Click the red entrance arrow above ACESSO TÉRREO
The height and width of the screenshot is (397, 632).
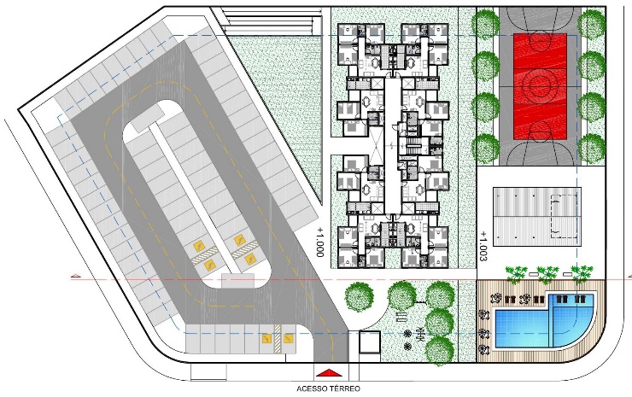[x=329, y=373]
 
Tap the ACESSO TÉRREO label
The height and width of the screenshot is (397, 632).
[x=328, y=389]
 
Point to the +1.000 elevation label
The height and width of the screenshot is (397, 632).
[x=320, y=242]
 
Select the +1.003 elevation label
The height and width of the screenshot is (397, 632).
[x=483, y=246]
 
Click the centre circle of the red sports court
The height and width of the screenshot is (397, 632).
[x=540, y=85]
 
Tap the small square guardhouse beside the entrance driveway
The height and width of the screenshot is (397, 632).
[x=370, y=342]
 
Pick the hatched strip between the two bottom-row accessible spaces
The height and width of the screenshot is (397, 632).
[x=278, y=339]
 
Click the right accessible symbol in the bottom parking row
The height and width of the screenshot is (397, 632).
[x=288, y=339]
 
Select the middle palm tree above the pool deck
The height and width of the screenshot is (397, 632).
[x=547, y=274]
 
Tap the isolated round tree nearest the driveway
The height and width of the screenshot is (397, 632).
[x=359, y=297]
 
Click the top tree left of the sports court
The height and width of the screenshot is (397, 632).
[x=485, y=23]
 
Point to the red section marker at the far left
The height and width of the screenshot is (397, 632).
[x=75, y=277]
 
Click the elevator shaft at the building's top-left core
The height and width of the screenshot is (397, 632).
[x=377, y=84]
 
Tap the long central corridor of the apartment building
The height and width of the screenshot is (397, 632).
[x=391, y=146]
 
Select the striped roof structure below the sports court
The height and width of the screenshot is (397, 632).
[x=537, y=217]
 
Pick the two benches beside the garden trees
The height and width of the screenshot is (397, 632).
[x=402, y=316]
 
